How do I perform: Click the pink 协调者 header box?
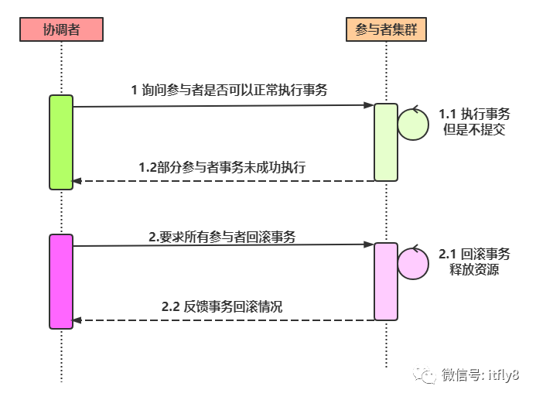coord(61,29)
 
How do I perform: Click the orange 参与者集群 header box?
coord(385,29)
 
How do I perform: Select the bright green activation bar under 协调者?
coord(61,142)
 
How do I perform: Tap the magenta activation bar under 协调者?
coord(61,282)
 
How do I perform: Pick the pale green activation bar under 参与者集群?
coord(385,142)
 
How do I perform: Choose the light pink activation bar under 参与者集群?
coord(385,282)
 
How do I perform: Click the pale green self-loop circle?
coord(413,124)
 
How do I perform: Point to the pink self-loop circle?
coord(413,264)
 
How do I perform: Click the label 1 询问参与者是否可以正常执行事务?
coord(229,90)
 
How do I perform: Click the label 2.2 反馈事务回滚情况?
coord(222,307)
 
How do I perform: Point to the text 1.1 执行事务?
coord(473,114)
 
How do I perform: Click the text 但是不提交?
coord(473,129)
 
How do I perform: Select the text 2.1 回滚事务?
coord(473,254)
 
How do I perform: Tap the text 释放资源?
coord(473,269)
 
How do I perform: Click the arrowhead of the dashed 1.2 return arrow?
coord(76,181)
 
